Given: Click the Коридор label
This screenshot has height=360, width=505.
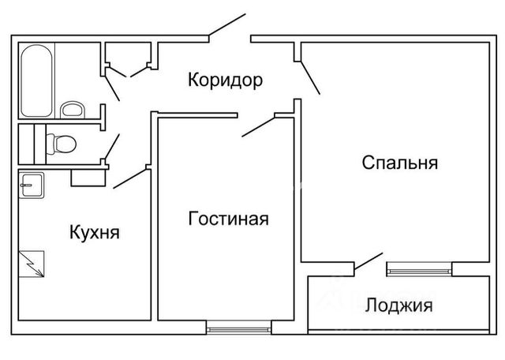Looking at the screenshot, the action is coord(225,80).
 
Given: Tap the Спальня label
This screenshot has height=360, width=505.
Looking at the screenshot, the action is coord(400,163).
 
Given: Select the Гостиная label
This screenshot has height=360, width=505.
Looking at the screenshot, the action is coord(228,219).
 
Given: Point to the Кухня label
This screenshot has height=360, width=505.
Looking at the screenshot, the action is coord(95,233).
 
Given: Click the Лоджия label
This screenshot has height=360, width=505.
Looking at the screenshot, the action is coord(398,306).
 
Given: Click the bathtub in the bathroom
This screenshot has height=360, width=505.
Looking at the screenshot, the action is coord(36,81).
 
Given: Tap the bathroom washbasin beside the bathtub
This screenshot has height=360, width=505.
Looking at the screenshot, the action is coord(73,110).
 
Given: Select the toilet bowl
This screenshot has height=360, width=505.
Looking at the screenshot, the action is coord(62,144).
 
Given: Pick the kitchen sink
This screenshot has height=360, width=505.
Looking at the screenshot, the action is coord(32,185).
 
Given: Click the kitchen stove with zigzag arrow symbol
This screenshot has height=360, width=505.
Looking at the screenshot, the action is coord(32,264).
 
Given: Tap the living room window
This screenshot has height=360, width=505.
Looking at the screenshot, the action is coord(238,330).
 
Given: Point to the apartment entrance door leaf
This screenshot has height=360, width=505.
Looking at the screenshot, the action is coord(227,24).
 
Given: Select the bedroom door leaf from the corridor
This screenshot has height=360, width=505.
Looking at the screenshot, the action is coord(310,77).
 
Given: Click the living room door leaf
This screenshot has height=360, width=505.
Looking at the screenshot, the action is coord(258,127).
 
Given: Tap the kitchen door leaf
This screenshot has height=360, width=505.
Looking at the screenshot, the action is coord(129,178).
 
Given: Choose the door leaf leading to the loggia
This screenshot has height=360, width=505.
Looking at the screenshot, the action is coord(368,261).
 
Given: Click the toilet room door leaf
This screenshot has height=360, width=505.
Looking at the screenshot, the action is coord(112,147).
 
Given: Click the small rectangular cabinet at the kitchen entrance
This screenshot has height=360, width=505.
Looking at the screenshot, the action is coord(88,178).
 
